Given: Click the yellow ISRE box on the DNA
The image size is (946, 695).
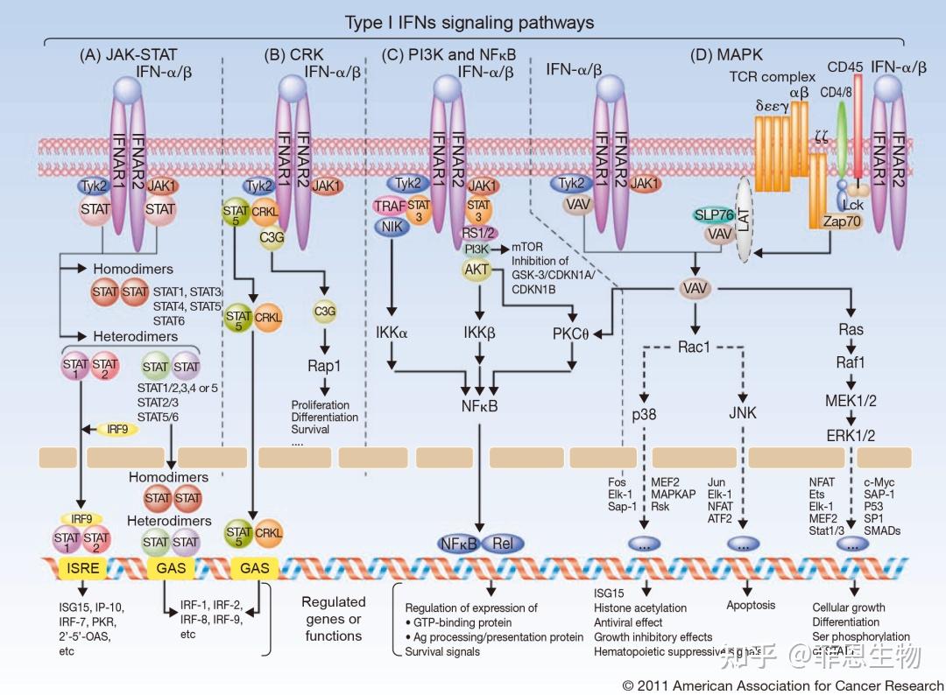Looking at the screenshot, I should tap(84, 568).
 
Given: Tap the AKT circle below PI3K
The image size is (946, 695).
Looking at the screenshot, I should tap(477, 270).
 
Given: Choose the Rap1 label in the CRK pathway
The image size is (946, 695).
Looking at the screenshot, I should tap(324, 364).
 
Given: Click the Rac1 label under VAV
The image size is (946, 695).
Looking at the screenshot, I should tap(692, 347).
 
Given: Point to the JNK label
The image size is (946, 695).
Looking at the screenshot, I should tap(743, 413).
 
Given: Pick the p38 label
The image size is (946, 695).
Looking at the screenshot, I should tap(644, 413).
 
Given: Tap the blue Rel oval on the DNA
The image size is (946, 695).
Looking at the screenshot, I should tap(502, 543).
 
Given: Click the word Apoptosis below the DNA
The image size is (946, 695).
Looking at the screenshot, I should tap(751, 605).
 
